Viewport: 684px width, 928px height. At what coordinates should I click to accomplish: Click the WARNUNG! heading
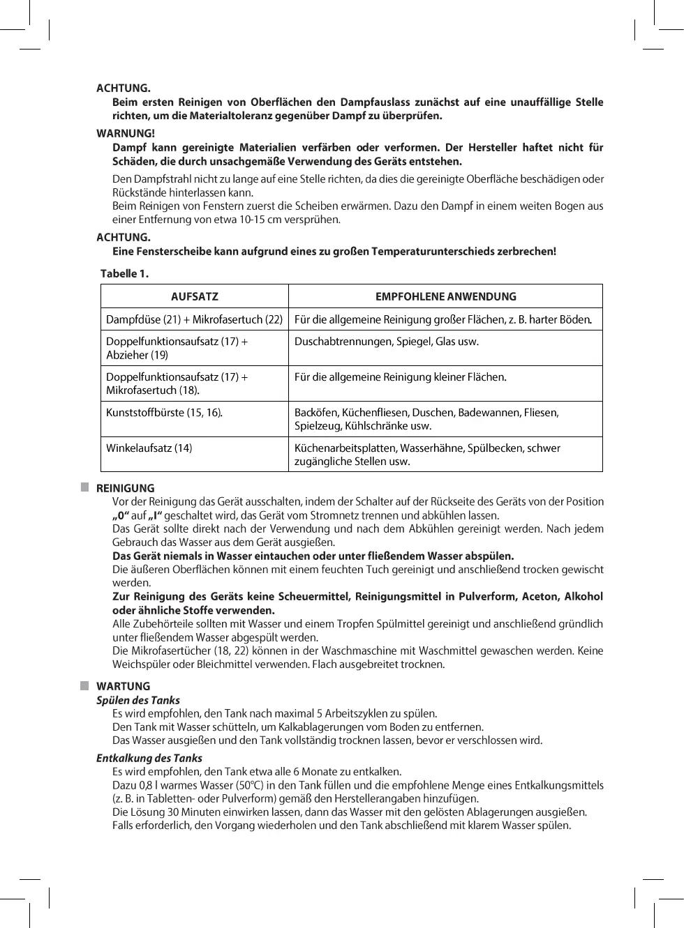point(126,133)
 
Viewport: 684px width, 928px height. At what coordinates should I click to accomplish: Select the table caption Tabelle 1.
point(124,273)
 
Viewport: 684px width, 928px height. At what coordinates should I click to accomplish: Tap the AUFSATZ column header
point(195,296)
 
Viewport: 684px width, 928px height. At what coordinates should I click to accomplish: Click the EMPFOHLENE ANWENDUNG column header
point(445,296)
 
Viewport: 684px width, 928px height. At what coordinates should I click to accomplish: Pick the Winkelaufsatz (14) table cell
point(149,448)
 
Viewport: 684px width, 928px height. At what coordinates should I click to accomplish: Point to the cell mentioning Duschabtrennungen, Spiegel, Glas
point(387,342)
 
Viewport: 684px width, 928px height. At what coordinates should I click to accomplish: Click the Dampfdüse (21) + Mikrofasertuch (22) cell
point(194,319)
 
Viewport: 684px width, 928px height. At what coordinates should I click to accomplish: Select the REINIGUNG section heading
point(126,488)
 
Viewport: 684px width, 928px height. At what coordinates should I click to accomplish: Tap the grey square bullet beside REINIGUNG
point(84,487)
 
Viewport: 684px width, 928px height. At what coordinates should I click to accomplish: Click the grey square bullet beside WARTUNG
point(84,685)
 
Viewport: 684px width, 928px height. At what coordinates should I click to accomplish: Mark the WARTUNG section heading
point(124,686)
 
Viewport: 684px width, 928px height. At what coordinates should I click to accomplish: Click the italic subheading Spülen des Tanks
point(138,700)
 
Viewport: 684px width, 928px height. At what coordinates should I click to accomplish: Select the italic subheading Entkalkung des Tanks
point(149,758)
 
